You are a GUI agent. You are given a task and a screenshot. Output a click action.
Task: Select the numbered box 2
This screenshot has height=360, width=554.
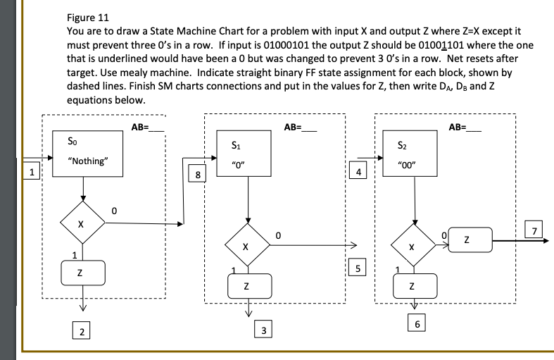[83, 332]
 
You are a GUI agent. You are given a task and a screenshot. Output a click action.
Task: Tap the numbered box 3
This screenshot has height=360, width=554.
[263, 330]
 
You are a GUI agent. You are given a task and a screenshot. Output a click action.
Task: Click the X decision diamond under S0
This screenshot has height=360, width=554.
[82, 225]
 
